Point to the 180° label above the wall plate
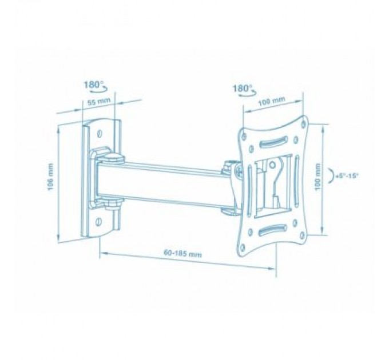pos(93,84)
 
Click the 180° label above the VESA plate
pos(243,89)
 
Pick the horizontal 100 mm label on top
pos(272,102)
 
